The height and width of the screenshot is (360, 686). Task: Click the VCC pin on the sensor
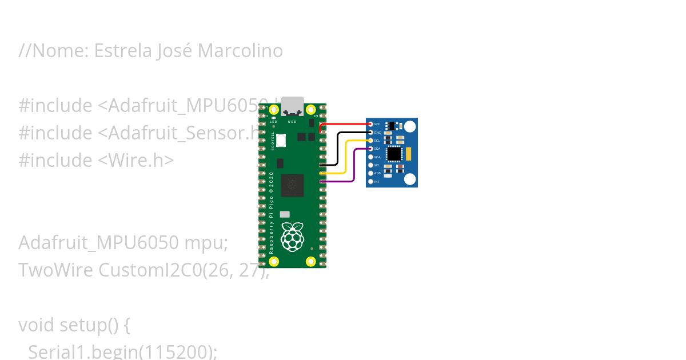370,124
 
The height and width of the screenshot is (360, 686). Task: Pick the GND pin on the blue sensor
370,132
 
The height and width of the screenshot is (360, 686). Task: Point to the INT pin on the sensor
370,182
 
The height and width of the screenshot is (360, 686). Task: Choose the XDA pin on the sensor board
370,157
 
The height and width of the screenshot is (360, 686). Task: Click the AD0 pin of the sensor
370,173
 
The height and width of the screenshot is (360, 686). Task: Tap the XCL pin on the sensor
370,165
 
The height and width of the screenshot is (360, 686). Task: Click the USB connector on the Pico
292,106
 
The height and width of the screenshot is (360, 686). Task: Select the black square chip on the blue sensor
394,154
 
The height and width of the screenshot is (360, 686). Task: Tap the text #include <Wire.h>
96,160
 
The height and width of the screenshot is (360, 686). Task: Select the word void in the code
37,325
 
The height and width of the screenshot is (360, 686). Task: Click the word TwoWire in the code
55,270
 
